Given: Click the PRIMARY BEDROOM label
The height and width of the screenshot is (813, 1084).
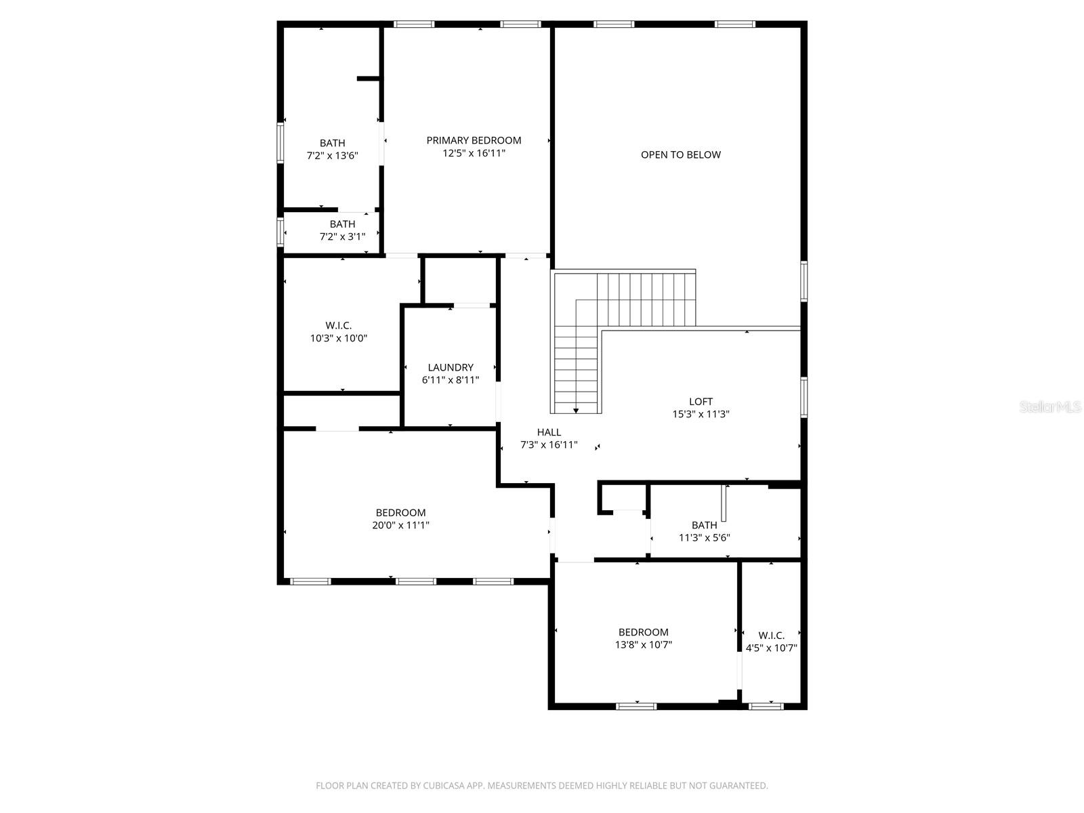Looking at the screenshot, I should point(474,140).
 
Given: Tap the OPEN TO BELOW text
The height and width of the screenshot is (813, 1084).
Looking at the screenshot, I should point(681,154).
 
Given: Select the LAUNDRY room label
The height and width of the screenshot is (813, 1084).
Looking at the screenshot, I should point(451,367).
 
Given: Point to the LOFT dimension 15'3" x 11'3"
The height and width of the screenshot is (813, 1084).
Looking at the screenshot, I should point(701,414).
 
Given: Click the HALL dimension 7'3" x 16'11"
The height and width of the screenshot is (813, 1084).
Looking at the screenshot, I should point(549,444).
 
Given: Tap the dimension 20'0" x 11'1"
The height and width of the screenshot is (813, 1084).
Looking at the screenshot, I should point(401,525).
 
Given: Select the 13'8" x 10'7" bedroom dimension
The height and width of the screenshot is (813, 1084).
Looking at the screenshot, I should point(644,645).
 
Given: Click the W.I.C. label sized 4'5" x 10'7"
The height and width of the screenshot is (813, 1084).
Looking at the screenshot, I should point(771,635).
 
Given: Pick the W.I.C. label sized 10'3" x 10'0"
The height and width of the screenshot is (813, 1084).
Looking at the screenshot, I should point(339,325).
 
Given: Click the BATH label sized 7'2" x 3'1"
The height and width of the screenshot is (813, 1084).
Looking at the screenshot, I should point(342,224).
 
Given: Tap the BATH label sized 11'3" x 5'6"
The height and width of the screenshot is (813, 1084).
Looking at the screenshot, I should point(705,525).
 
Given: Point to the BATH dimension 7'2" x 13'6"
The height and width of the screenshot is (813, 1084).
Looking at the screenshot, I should point(332,155).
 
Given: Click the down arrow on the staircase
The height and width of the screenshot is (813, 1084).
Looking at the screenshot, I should point(576,410).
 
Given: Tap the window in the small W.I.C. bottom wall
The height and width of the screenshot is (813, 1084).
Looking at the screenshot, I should point(766,706).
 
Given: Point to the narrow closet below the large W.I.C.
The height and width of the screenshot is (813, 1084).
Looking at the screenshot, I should point(341,411).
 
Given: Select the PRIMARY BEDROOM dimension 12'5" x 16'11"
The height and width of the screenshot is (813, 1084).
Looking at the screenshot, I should point(474,153).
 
